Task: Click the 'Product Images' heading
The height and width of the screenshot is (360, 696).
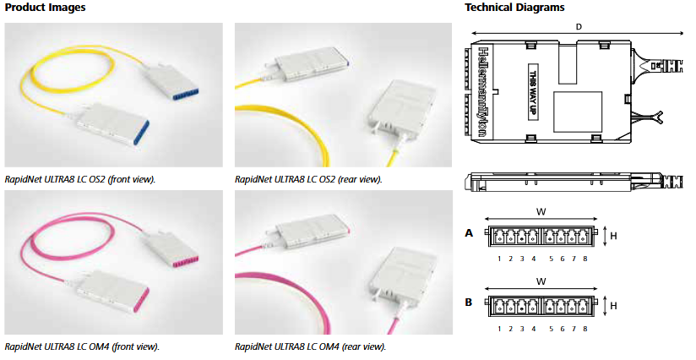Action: [45, 8]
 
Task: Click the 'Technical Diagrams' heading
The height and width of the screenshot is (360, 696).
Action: [515, 8]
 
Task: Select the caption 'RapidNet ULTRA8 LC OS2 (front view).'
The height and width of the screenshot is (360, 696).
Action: [80, 179]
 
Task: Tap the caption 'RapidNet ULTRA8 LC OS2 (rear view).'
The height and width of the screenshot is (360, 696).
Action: [308, 179]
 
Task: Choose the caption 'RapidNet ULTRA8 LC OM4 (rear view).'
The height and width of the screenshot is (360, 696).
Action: [310, 346]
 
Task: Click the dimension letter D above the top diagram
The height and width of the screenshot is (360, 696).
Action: [578, 27]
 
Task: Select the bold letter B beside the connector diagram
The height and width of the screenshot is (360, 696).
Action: [469, 301]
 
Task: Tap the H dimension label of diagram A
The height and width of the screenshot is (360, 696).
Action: [613, 236]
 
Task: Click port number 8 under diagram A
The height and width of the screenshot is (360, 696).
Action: [585, 258]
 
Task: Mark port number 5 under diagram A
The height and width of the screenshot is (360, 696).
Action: [551, 258]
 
